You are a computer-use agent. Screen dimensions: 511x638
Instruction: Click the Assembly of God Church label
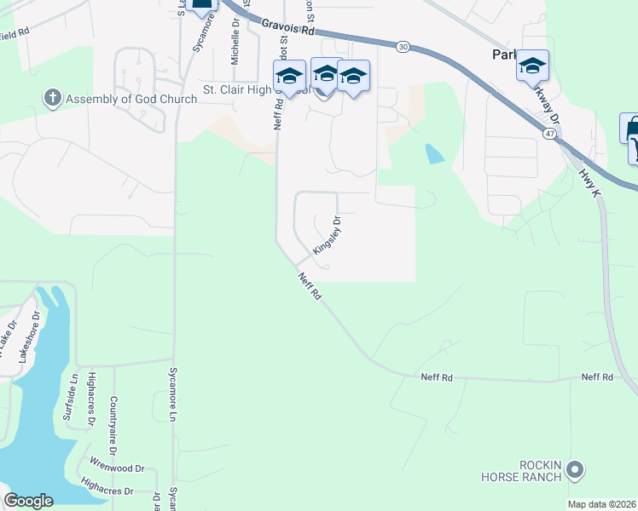point(131,99)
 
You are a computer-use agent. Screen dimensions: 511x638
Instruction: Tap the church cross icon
point(53,98)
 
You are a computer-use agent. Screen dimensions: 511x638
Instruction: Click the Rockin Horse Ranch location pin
point(575,469)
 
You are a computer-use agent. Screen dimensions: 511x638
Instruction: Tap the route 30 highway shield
point(403,48)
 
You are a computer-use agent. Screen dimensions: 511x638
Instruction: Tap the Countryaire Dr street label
point(113,423)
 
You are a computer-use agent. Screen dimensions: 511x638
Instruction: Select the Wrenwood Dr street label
point(119,468)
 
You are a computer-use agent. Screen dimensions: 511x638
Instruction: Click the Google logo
point(29,501)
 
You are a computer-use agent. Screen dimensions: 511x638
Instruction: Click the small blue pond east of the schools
point(434,153)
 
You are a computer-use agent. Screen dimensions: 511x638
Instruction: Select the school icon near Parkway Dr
point(532,66)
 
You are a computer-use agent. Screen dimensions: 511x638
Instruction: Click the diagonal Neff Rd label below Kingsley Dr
point(310,285)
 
